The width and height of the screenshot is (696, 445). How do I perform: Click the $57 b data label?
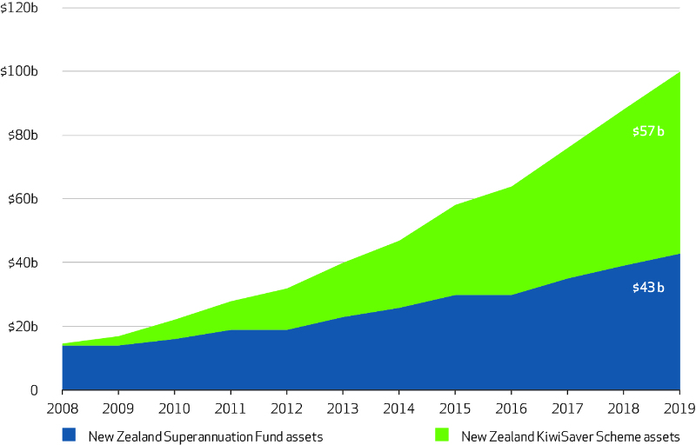pos(648,132)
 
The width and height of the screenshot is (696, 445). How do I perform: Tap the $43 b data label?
pos(648,287)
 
